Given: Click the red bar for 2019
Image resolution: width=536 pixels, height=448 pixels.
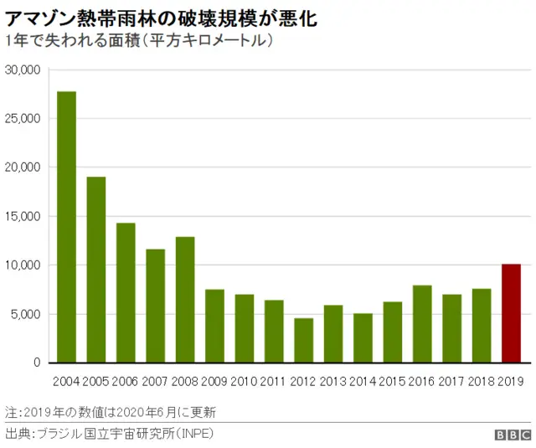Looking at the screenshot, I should [x=511, y=313].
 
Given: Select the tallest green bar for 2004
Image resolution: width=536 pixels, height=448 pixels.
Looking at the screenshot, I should [x=66, y=227].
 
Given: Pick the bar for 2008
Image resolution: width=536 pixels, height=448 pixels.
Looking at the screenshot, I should [x=185, y=300].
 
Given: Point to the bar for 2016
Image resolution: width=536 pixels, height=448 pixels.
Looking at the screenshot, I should [x=422, y=324].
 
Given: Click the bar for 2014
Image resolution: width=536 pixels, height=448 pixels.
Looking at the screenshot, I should [x=363, y=338].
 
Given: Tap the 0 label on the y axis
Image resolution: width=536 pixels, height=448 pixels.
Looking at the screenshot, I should [x=37, y=363].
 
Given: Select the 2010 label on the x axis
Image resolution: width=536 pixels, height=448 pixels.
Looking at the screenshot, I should [x=244, y=381].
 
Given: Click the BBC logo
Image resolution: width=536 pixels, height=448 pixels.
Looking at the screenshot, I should [x=512, y=435].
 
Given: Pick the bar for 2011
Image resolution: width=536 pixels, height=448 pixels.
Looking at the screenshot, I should [x=274, y=332].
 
